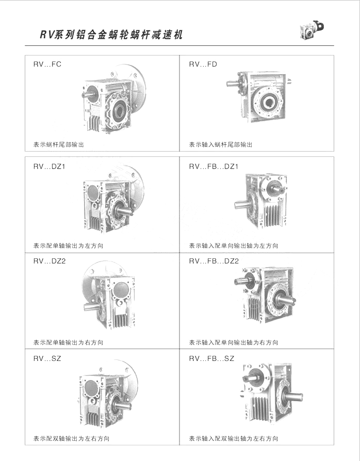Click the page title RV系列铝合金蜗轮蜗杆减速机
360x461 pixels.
tap(111, 35)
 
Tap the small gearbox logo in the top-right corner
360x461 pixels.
tap(312, 29)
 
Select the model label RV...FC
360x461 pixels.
tap(47, 64)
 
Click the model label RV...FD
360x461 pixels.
tap(203, 64)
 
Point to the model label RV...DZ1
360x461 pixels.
tap(49, 167)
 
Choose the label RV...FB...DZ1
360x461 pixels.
tap(214, 167)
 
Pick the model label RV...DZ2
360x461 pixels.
tap(50, 261)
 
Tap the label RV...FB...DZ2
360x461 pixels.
tap(214, 261)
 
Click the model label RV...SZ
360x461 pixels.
tap(47, 358)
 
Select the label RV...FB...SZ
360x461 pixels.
tap(211, 358)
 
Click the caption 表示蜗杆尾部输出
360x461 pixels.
tap(58, 145)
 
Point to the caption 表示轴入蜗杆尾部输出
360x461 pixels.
tap(221, 145)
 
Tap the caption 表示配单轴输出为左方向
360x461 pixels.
tap(68, 246)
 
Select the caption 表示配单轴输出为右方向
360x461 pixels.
tap(68, 342)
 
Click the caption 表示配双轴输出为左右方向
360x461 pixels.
tap(72, 439)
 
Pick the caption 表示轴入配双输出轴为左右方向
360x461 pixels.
tap(234, 439)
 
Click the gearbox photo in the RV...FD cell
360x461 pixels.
tap(258, 96)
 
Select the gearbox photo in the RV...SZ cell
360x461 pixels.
tap(108, 393)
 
